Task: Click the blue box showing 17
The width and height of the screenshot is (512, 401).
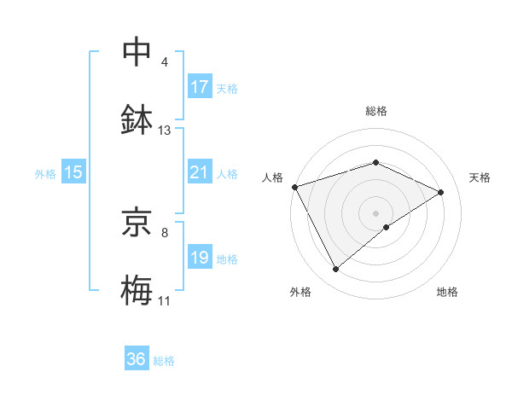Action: (x=200, y=87)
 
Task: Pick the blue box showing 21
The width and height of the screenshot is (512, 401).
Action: (x=200, y=172)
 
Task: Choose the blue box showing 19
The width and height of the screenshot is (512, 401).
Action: (x=200, y=258)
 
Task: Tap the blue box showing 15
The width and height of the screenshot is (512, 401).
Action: (x=73, y=172)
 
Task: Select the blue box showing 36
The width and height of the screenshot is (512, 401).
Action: (x=136, y=359)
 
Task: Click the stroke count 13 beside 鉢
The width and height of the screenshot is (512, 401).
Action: (x=165, y=131)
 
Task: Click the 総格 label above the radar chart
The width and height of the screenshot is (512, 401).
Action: (x=376, y=111)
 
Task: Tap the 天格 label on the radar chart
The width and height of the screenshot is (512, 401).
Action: (x=480, y=177)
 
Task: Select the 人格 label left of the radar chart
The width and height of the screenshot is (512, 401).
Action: (x=272, y=177)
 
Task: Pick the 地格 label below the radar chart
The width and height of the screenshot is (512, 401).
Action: (x=447, y=292)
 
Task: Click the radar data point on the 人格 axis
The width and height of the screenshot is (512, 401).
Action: (x=294, y=187)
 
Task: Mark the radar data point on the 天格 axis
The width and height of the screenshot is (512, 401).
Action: (x=441, y=192)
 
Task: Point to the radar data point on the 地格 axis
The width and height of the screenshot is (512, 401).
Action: (x=387, y=227)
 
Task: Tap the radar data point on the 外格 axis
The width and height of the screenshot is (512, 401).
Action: (x=335, y=270)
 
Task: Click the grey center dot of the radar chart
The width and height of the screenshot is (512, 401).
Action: (x=376, y=212)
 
